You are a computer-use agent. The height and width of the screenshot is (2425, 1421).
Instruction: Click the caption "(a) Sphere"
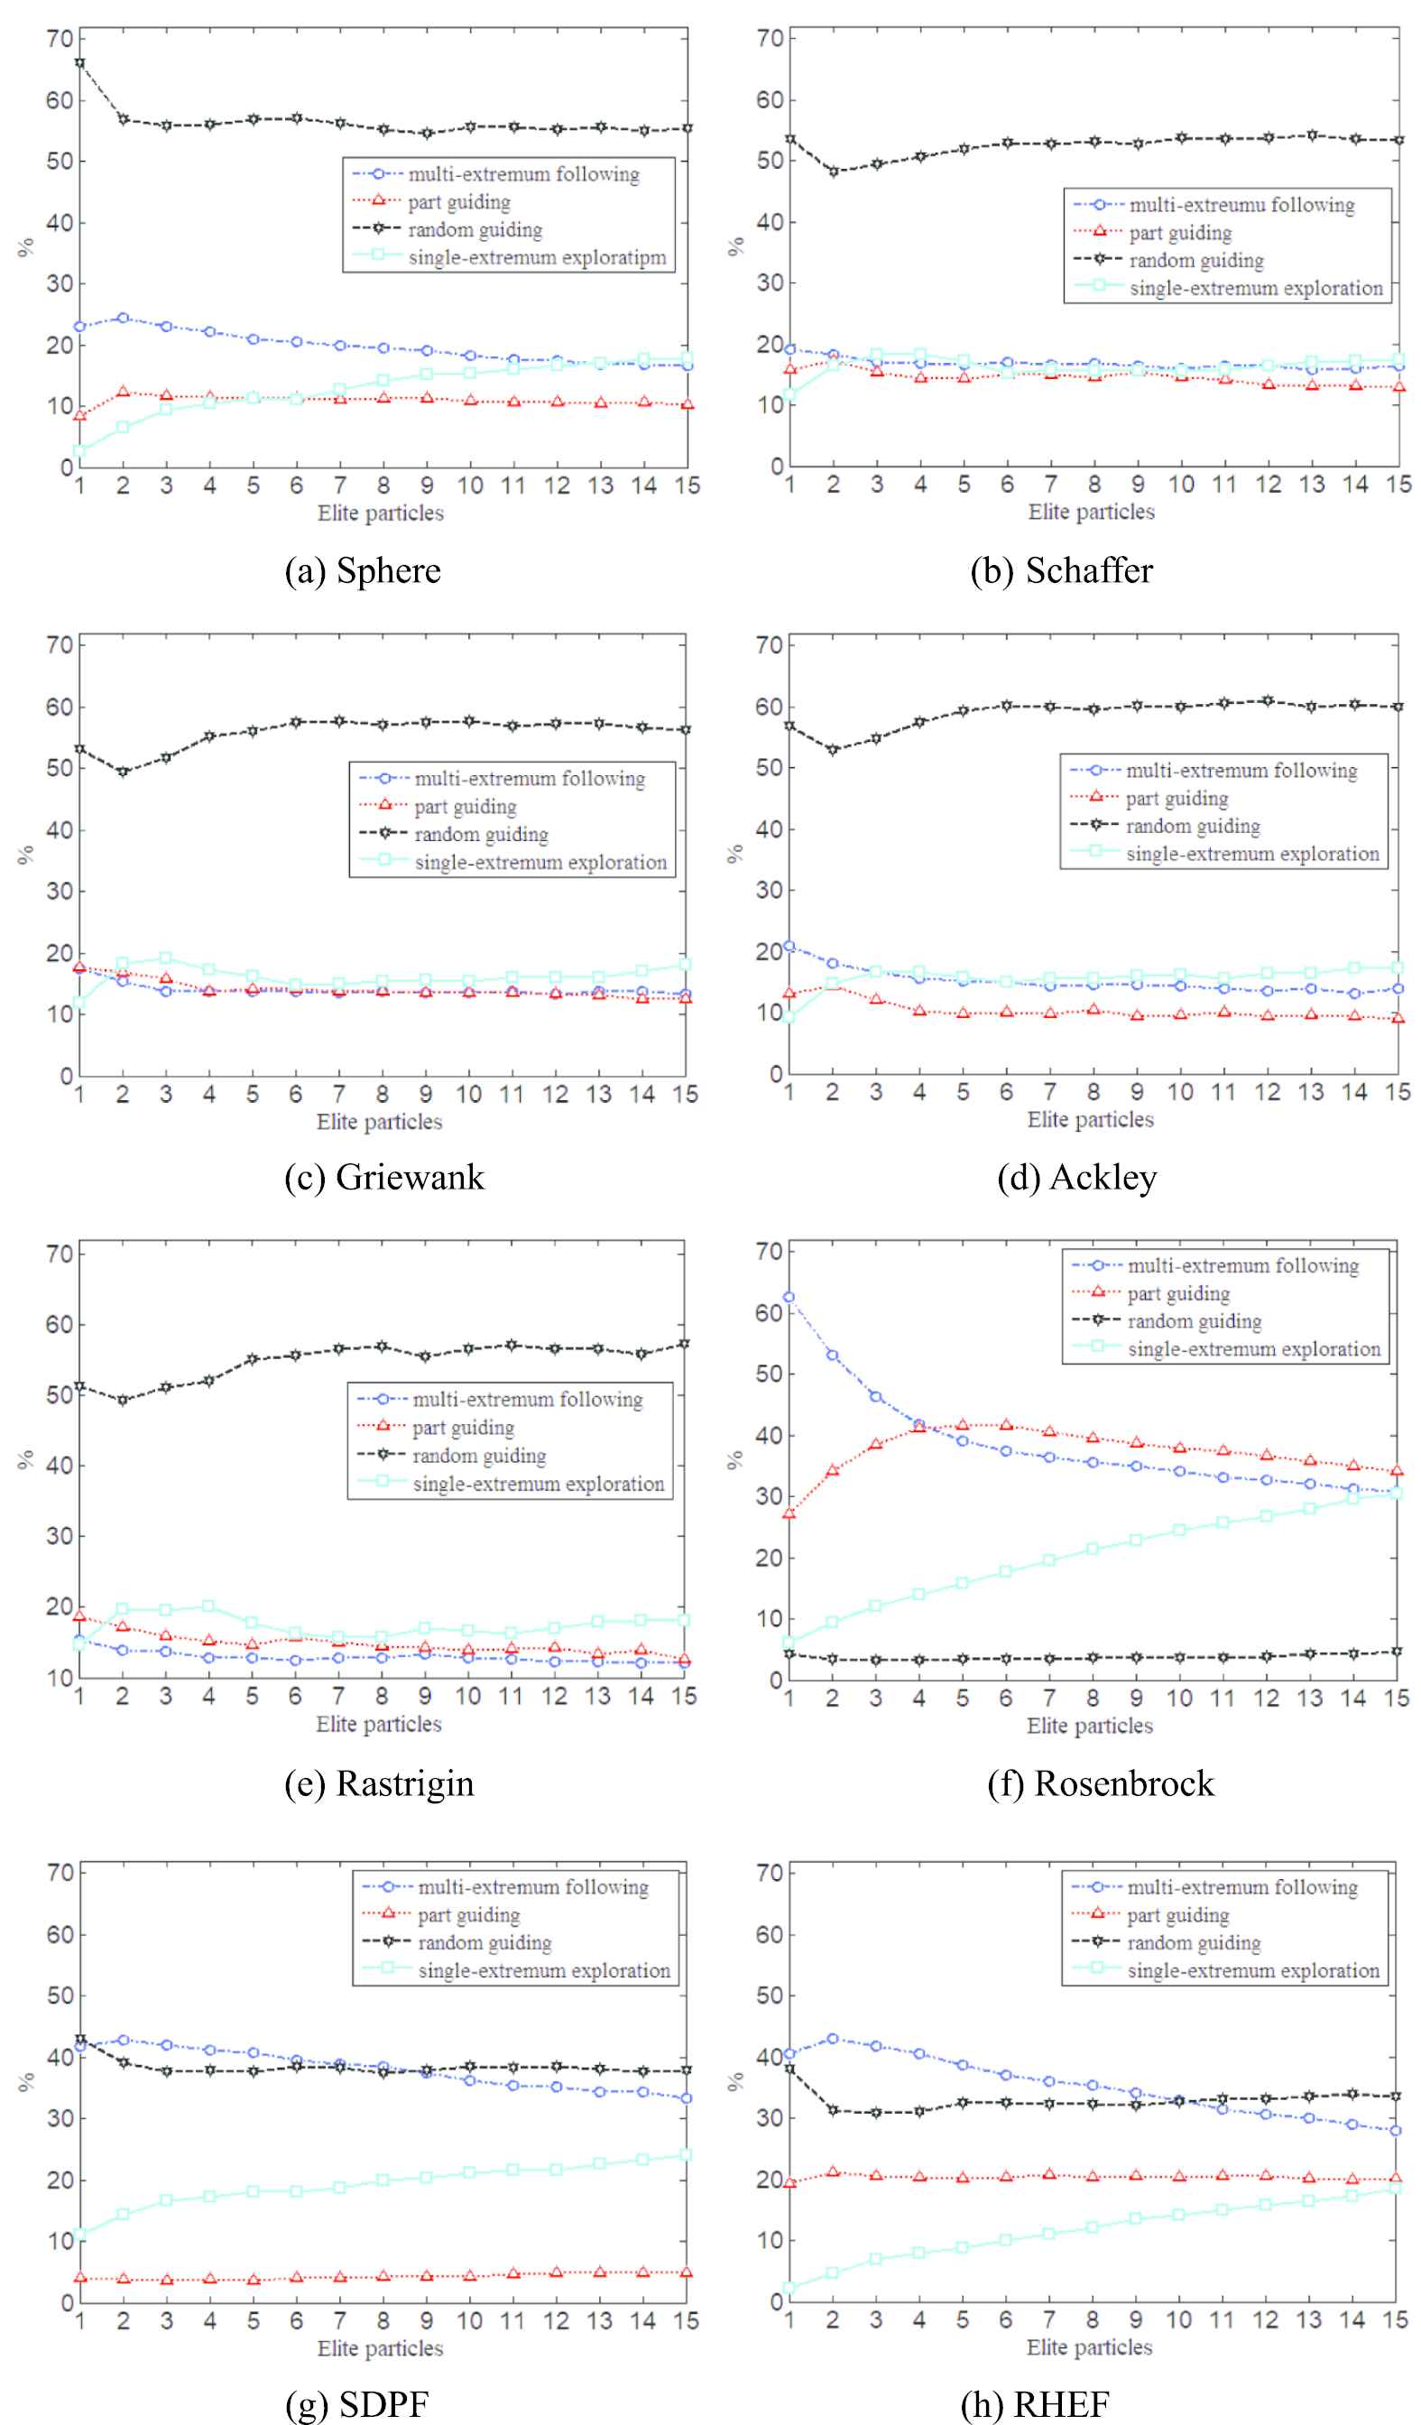click(363, 570)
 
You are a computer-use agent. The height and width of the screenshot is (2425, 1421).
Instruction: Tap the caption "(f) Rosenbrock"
click(1101, 1783)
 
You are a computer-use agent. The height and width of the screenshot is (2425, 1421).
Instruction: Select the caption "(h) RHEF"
click(1035, 2404)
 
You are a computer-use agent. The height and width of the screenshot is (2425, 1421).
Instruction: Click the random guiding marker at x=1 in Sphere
click(80, 63)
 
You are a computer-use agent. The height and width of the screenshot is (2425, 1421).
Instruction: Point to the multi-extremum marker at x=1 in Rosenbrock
click(789, 1297)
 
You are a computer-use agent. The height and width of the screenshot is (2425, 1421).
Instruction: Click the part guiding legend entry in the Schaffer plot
click(1179, 233)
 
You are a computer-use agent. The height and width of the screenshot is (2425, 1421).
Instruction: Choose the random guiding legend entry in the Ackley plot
click(1192, 826)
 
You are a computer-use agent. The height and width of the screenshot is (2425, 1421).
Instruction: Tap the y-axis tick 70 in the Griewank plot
click(60, 645)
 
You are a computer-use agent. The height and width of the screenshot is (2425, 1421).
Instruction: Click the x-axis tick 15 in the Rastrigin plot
click(684, 1697)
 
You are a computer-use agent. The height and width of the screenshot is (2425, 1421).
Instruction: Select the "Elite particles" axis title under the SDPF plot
click(380, 2348)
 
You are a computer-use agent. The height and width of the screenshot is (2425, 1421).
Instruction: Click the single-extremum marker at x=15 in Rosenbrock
click(1397, 1494)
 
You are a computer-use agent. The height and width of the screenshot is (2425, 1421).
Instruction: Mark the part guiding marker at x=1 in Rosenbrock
click(789, 1513)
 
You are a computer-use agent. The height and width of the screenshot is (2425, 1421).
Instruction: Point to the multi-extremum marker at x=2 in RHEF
click(832, 2039)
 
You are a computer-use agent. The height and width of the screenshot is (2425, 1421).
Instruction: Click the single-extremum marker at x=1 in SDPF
click(80, 2233)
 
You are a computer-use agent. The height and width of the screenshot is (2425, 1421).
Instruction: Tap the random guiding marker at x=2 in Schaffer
click(833, 171)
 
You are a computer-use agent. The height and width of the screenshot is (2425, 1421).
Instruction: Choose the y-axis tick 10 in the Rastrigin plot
click(60, 1678)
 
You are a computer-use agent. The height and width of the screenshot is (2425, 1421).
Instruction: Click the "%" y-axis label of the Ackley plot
click(735, 854)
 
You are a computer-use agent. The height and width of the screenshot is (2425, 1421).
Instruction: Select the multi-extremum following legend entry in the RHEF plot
click(1242, 1887)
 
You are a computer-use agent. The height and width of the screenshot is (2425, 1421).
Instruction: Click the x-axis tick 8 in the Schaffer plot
click(1093, 484)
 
